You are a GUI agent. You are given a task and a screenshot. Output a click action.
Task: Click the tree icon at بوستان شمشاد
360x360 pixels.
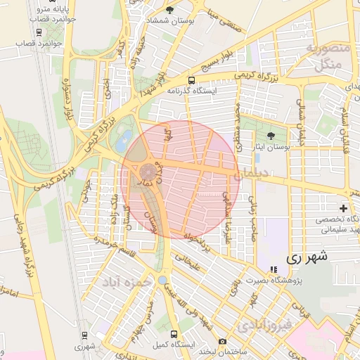click(169, 10)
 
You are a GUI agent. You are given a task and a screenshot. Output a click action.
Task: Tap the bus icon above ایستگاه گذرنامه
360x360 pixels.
click(191, 80)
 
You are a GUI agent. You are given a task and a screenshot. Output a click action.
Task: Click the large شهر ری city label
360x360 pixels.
click(307, 258)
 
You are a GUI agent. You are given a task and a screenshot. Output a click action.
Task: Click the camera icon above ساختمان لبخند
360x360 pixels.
click(223, 341)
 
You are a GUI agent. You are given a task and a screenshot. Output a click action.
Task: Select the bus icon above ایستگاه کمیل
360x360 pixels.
click(173, 333)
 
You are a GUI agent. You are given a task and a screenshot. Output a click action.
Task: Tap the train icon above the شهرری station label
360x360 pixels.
click(84, 335)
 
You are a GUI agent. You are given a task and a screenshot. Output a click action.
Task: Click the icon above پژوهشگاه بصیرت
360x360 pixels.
click(274, 270)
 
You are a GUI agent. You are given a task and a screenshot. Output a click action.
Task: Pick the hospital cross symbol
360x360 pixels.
click(343, 208)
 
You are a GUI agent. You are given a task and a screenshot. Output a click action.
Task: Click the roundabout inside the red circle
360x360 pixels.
click(148, 172)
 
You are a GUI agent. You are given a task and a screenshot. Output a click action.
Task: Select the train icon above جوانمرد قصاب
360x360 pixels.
click(37, 32)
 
